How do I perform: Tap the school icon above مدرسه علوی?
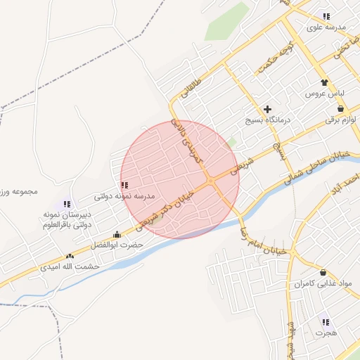click(326, 15)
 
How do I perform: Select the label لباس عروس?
click(323, 93)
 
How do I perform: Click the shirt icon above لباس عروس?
click(324, 82)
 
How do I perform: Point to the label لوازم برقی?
click(340, 120)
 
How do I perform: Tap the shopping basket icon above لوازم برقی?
click(341, 109)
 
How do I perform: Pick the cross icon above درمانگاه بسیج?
click(267, 109)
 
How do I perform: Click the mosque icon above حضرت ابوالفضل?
click(117, 235)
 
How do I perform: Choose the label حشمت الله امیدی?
click(70, 266)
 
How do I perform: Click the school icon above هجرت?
click(325, 321)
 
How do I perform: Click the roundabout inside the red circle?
click(210, 181)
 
